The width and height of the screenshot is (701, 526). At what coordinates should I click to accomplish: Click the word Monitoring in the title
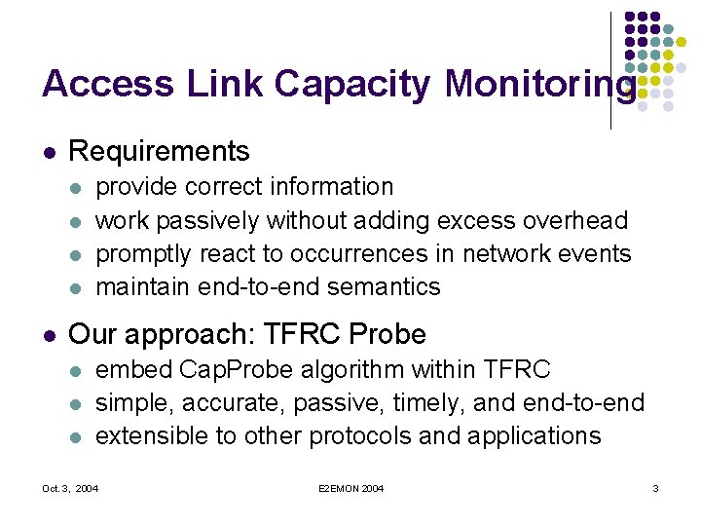pyautogui.click(x=539, y=86)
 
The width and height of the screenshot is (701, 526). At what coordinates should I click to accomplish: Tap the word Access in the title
pyautogui.click(x=106, y=85)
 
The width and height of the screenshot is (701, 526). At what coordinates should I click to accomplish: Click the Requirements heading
pyautogui.click(x=160, y=151)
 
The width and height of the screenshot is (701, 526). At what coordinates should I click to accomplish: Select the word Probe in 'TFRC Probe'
pyautogui.click(x=387, y=335)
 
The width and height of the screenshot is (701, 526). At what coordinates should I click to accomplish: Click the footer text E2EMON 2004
pyautogui.click(x=350, y=487)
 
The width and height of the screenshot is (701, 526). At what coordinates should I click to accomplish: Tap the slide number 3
pyautogui.click(x=655, y=487)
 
